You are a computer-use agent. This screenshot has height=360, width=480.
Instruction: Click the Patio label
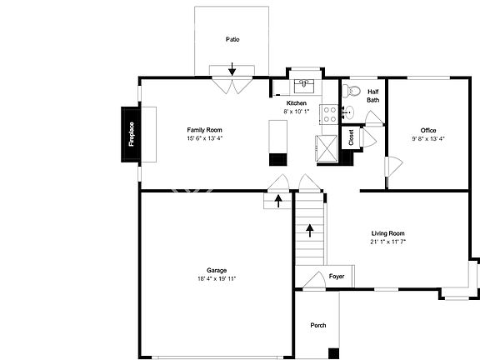232,39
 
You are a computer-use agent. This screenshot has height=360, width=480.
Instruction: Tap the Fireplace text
132,135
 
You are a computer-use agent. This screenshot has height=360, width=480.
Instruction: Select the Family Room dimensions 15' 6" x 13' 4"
204,138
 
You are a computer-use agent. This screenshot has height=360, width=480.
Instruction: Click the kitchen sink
305,83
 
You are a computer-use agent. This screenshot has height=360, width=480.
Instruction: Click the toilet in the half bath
349,112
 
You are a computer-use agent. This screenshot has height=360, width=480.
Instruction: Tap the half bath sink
351,91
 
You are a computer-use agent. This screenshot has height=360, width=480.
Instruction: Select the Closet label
351,137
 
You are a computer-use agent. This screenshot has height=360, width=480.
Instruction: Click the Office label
428,130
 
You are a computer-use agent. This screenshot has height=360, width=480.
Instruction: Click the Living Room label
387,233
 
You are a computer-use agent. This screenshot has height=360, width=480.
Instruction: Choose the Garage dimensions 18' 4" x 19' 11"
217,278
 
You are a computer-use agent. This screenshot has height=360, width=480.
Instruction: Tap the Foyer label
337,276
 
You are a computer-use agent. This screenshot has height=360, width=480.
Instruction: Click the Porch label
318,325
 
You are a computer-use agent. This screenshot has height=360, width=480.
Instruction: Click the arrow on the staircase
309,230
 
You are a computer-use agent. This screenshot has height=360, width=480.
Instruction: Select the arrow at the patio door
232,72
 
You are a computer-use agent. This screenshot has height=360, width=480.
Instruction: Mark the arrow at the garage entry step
277,201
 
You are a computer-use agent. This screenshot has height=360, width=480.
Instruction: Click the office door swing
389,167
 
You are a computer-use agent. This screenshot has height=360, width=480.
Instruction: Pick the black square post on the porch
333,353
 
